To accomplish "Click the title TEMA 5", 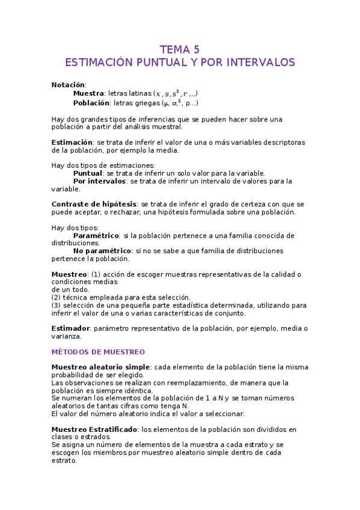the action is pos(179,49).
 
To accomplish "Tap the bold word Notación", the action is pos(69,85).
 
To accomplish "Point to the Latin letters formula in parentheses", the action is pos(175,94).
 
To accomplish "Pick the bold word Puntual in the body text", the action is pos(88,173).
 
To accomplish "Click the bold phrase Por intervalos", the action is pos(100,181).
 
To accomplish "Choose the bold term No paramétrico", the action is pos(102,250).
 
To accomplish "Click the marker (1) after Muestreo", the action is pos(95,274).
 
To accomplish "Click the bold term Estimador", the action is pos(71,328).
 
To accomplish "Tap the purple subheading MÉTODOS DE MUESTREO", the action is pos(98,352).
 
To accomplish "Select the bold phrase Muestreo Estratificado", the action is pos(95,429).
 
